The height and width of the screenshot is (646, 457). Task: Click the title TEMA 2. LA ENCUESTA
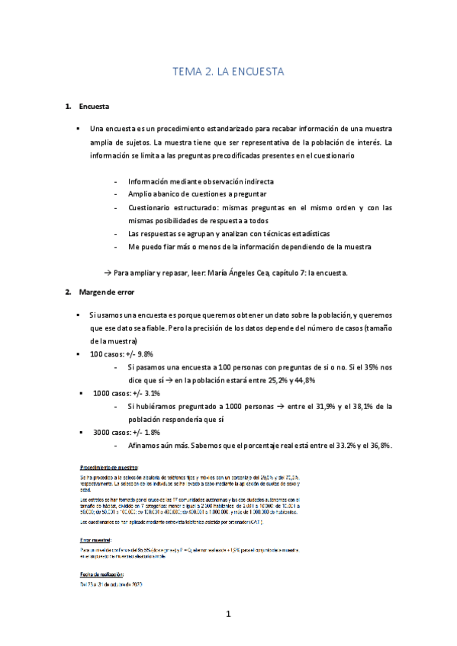(228, 72)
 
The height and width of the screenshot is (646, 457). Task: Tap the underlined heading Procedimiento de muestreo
(108, 465)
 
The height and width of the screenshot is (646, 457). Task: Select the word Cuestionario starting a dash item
(152, 207)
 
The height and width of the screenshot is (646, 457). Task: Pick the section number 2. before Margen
(68, 292)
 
